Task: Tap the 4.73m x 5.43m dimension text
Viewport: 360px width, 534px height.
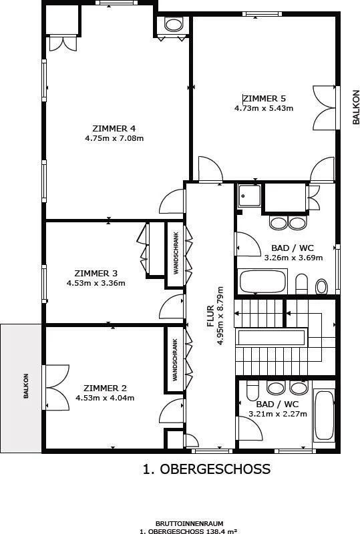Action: click(x=264, y=108)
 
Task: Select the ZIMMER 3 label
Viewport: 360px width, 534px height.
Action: click(x=96, y=273)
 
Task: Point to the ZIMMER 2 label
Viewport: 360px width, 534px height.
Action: click(x=105, y=388)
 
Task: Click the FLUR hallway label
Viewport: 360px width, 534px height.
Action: click(x=210, y=316)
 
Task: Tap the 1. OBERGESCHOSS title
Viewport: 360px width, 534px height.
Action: click(x=206, y=469)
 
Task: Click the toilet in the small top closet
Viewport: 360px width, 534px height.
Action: click(x=174, y=25)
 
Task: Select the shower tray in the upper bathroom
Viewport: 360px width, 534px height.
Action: click(x=250, y=196)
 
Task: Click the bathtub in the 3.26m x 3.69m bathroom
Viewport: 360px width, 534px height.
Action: click(x=262, y=281)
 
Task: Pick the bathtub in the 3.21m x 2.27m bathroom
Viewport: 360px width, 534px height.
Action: click(x=323, y=416)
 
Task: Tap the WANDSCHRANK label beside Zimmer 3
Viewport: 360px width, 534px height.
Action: click(x=176, y=253)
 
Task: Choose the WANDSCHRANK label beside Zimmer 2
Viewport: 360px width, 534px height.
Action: click(x=175, y=360)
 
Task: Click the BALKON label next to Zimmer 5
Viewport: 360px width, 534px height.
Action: click(x=356, y=107)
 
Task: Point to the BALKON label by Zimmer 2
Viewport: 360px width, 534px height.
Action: click(x=26, y=386)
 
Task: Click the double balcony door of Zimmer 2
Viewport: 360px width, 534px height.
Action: click(x=56, y=388)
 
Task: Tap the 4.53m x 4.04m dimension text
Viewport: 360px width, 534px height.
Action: click(x=105, y=397)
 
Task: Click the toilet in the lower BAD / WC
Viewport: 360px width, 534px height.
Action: click(x=252, y=390)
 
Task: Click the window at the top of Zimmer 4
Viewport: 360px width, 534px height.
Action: click(x=117, y=3)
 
